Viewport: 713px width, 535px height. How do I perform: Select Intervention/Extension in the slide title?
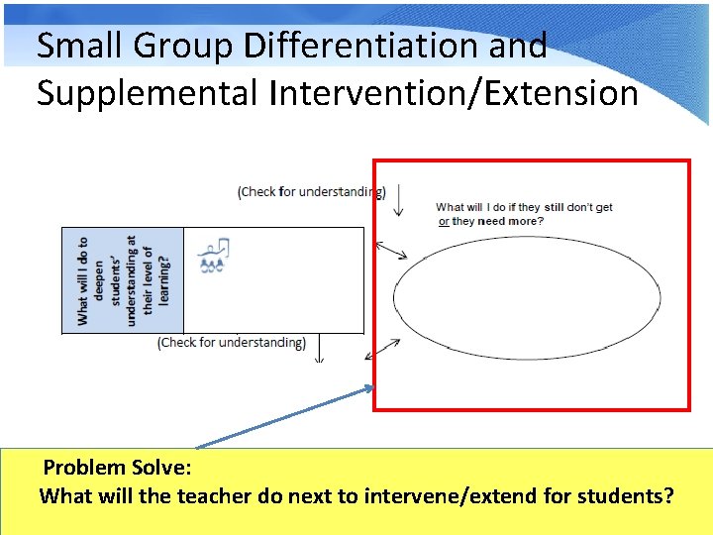[452, 92]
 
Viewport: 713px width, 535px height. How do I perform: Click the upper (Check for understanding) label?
[310, 191]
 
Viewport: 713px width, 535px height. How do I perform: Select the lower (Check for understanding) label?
[232, 342]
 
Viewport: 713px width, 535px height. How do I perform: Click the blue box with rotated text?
[123, 280]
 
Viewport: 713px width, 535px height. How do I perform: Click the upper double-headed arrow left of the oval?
[391, 250]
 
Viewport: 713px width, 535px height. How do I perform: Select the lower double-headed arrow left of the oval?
[383, 349]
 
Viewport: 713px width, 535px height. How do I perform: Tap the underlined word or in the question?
[443, 221]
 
